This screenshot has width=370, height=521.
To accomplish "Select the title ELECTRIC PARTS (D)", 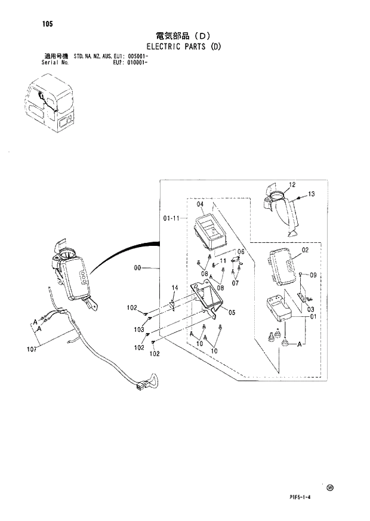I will (x=183, y=46).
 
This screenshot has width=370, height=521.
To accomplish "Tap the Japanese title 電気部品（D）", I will (x=183, y=35).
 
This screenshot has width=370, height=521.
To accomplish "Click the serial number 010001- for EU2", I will (x=137, y=61).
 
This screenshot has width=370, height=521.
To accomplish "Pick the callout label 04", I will (x=200, y=205).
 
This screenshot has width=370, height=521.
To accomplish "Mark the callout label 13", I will (x=311, y=194).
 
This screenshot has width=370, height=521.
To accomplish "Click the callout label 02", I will (x=304, y=250).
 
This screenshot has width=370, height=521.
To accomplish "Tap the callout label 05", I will (x=232, y=312).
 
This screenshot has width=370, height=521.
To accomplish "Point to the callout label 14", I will (x=175, y=288).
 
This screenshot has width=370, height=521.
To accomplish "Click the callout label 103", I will (x=139, y=329).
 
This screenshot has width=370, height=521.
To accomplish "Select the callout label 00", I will (x=138, y=269).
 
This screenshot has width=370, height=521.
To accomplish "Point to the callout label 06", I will (x=241, y=252).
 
